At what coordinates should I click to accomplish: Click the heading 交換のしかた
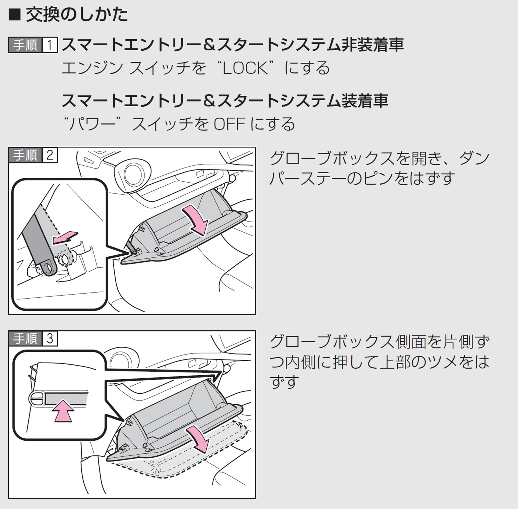[77, 15]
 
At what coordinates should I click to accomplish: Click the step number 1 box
[50, 45]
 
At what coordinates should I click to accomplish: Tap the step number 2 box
[50, 155]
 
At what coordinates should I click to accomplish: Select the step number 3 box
[50, 339]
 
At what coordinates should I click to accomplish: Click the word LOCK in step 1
[246, 68]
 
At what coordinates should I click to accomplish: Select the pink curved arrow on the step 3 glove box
[199, 438]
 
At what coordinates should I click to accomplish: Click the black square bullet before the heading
[14, 15]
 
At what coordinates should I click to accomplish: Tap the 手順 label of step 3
[25, 339]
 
